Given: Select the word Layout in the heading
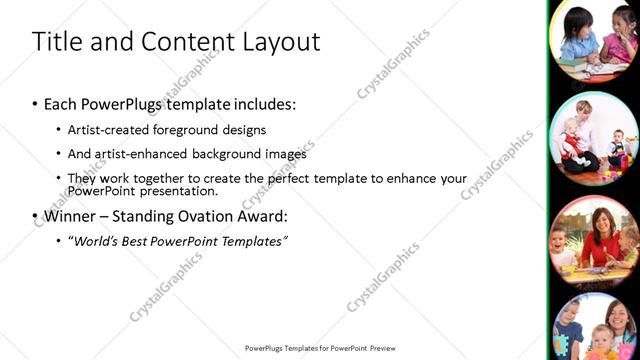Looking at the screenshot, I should tap(276, 42).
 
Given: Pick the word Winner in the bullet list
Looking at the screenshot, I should tap(71, 216).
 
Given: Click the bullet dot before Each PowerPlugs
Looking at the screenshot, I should tap(35, 105).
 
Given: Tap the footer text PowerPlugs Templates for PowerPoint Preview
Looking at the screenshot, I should tap(320, 348).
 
